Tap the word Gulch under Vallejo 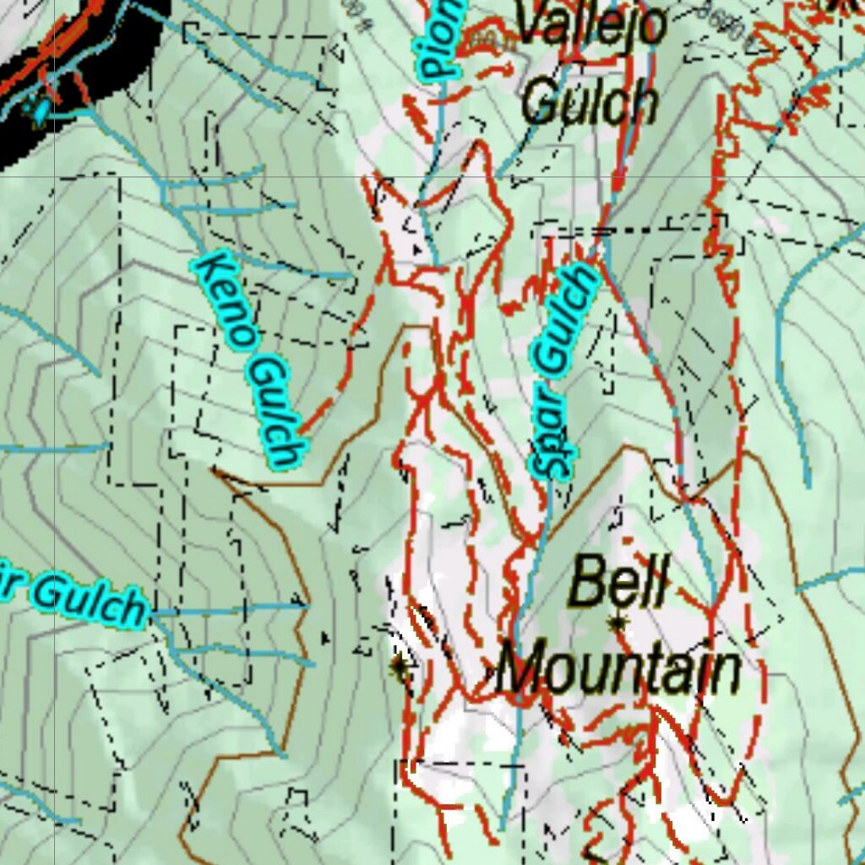coord(589,104)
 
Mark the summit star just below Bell coord(619,623)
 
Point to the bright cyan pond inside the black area coord(38,111)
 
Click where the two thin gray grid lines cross coord(56,177)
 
